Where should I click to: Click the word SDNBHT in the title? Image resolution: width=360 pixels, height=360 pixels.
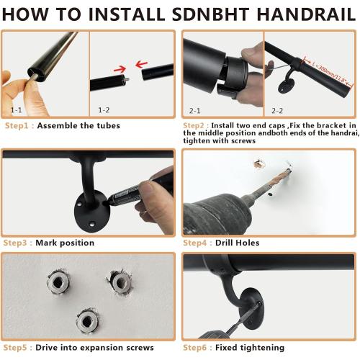(x=210, y=14)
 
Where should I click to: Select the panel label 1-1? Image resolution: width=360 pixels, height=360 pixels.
(x=16, y=110)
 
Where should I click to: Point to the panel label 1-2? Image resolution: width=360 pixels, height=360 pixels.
(x=104, y=110)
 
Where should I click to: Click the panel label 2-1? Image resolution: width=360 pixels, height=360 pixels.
(x=194, y=111)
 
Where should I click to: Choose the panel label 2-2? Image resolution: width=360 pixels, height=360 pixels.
(x=277, y=111)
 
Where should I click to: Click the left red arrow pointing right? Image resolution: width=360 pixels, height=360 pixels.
(x=120, y=70)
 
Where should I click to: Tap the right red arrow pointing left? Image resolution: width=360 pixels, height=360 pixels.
(x=141, y=64)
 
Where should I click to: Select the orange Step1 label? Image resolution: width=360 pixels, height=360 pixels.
(x=17, y=126)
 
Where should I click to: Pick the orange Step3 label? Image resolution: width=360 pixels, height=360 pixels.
(x=15, y=243)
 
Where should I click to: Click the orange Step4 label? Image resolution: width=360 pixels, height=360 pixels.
(x=195, y=243)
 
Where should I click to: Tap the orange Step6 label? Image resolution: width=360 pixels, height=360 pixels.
(x=194, y=348)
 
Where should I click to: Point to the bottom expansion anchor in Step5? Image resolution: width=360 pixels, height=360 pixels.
(x=87, y=320)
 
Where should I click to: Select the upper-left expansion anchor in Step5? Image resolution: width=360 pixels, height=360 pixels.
(x=58, y=282)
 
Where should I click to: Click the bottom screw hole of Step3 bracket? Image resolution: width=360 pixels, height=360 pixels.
(x=91, y=225)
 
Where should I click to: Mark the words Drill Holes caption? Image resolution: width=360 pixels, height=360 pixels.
(x=237, y=243)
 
